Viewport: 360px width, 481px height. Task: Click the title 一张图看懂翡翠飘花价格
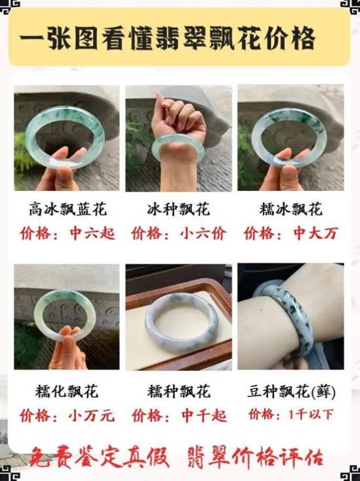click(168, 38)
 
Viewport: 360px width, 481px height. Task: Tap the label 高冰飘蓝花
click(68, 209)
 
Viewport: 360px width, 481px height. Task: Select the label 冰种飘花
click(178, 209)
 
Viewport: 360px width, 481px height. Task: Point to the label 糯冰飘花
click(290, 209)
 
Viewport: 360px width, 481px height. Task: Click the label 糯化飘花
click(66, 391)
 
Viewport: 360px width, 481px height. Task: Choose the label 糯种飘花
click(179, 391)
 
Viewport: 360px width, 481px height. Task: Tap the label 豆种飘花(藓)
click(292, 391)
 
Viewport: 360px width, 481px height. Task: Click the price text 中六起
click(92, 234)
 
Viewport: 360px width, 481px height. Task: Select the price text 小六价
click(203, 234)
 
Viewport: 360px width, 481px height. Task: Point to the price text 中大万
click(316, 234)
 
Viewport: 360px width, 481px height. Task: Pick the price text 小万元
click(91, 416)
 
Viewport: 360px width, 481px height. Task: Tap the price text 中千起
click(204, 416)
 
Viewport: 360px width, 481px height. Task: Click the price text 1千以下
click(311, 415)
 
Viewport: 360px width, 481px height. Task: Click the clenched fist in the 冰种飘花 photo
click(178, 117)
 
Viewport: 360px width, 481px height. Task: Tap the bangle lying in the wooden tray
click(182, 322)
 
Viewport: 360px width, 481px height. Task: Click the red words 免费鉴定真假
click(99, 457)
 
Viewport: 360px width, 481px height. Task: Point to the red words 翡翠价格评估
click(256, 457)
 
